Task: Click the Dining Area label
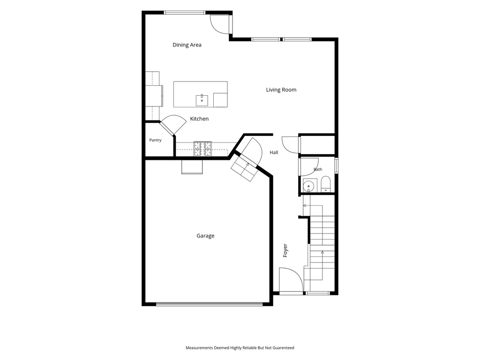tap(187, 45)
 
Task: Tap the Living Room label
tap(281, 90)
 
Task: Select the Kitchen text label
tap(199, 119)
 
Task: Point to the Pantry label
tap(155, 140)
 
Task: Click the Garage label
tap(205, 236)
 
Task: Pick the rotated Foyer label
tap(285, 250)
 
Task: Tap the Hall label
tap(274, 152)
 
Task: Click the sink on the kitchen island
tap(202, 100)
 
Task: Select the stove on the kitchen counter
tap(202, 149)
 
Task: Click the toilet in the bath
tap(326, 184)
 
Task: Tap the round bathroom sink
tap(308, 186)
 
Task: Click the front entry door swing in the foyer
tap(291, 279)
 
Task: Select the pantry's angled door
tap(172, 124)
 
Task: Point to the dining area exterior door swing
tap(220, 24)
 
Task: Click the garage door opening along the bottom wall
tap(210, 304)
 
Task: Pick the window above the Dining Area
tap(185, 13)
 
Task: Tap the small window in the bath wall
tap(336, 165)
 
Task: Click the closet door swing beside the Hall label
tap(290, 145)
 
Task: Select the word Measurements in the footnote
tap(199, 348)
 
